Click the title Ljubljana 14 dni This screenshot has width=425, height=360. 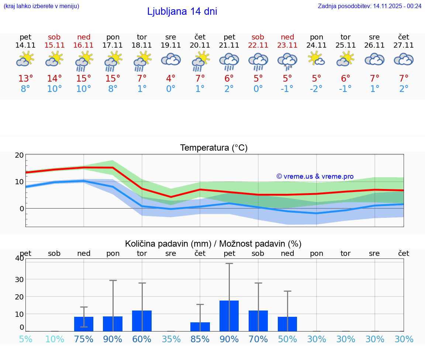tap(182, 11)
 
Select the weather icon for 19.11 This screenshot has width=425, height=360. tap(171, 59)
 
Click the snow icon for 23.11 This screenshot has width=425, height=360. tap(287, 61)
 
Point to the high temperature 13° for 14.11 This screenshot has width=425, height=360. tap(25, 79)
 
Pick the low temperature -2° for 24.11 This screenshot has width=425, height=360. tap(316, 89)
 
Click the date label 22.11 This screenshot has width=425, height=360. tap(258, 45)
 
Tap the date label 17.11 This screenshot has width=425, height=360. tap(113, 45)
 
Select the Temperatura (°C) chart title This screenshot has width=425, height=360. tap(214, 148)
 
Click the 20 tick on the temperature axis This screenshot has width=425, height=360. tap(19, 155)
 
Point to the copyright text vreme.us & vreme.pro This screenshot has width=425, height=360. tap(315, 176)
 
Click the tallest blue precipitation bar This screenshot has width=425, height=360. tap(229, 316)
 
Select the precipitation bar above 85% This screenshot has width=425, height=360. tap(200, 327)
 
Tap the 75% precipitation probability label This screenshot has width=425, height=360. tap(84, 339)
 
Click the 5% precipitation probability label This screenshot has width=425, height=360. tap(25, 339)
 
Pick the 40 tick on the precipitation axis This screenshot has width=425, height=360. tap(20, 258)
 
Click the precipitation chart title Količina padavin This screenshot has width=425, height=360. tap(213, 244)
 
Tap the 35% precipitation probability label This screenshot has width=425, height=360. tap(171, 339)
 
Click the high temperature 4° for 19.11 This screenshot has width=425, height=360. tap(171, 79)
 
